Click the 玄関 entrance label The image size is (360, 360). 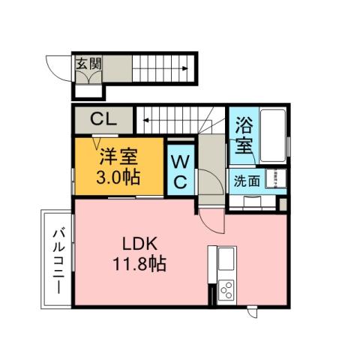(88, 64)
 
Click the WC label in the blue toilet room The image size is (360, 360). (180, 172)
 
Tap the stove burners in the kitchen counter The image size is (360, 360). (226, 290)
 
